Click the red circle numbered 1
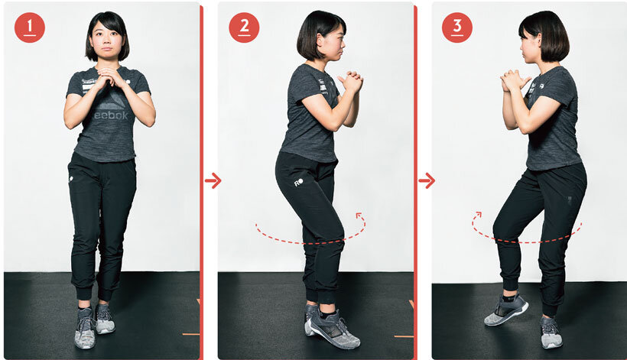coord(30,28)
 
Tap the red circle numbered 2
coord(244,28)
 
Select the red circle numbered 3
coord(457,28)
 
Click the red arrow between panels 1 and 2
coord(213,180)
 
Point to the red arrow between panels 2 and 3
coord(427,180)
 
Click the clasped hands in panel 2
coord(351,83)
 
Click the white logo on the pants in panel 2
coord(298,182)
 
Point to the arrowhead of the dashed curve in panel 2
coord(359,216)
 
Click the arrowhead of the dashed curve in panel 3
coord(477,216)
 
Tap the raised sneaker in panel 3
coord(506,310)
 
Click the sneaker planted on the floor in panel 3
coord(551,332)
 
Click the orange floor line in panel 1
coord(190,333)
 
